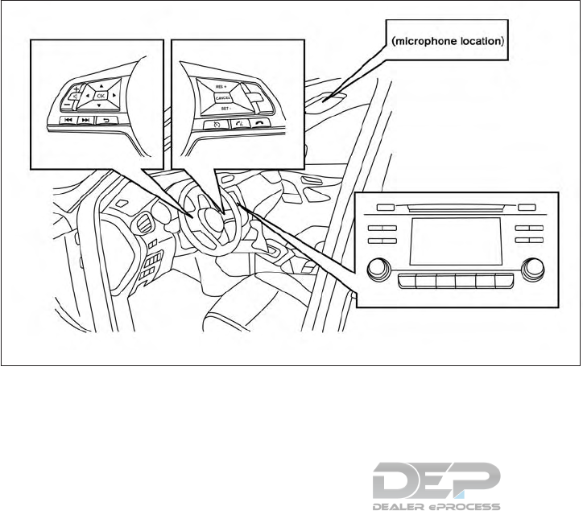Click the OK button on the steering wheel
pos(102,95)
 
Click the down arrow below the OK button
pos(99,106)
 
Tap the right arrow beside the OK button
pos(116,95)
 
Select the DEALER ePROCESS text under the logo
pos(437,508)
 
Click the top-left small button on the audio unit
pos(384,207)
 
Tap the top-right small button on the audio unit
pos(527,207)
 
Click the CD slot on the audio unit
pos(455,206)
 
